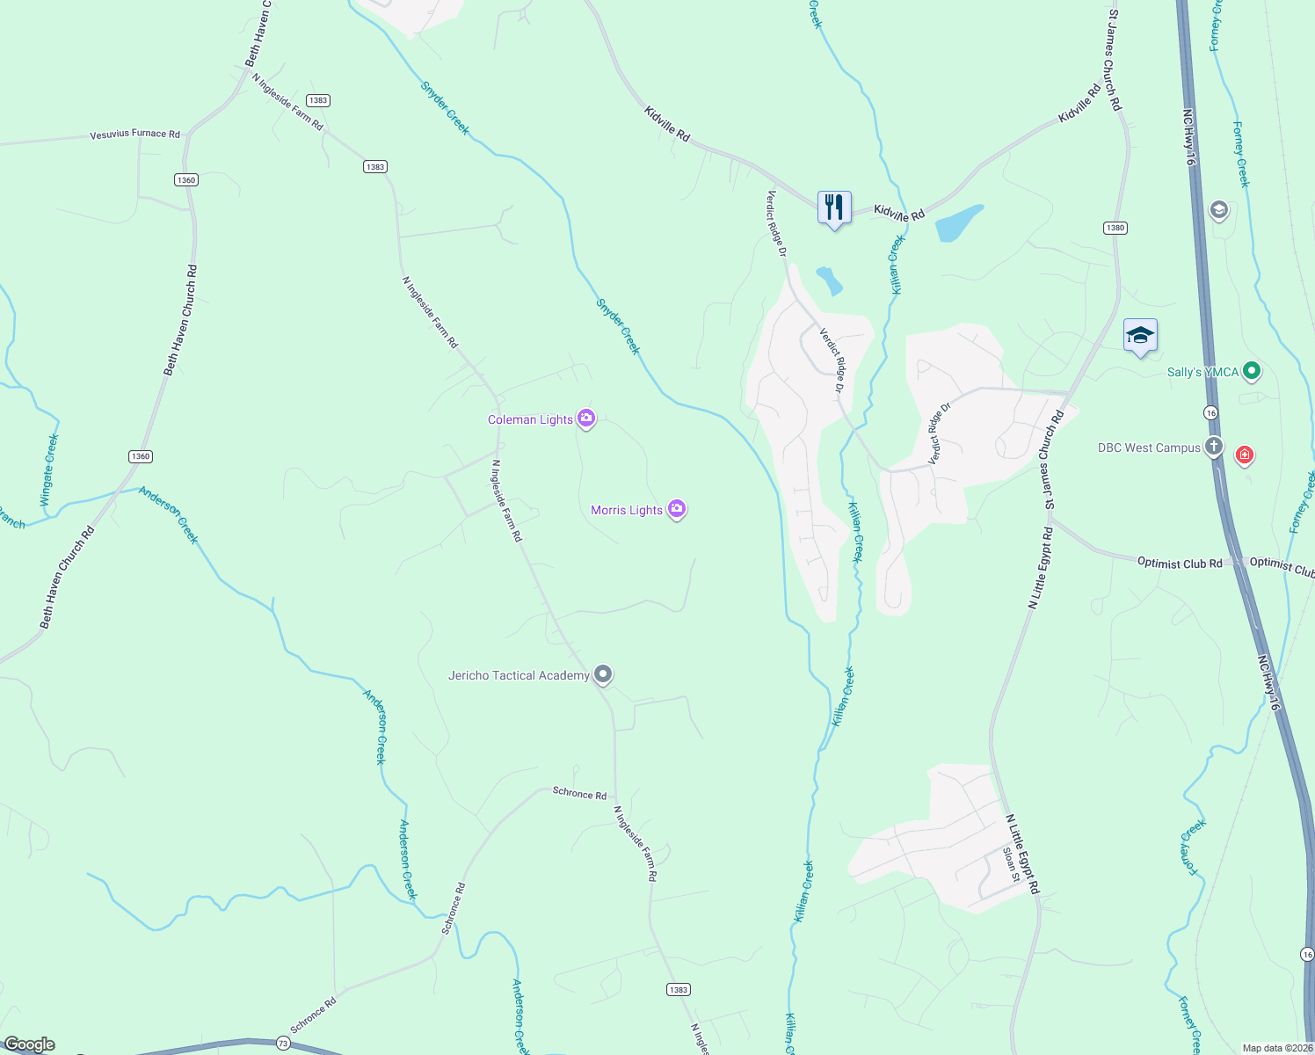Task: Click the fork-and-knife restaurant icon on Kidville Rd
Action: pos(834,207)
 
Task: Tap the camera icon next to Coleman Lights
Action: pos(586,418)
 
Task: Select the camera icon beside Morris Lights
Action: pos(676,509)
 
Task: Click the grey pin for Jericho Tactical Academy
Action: pos(602,674)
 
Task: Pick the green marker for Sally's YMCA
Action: pos(1252,372)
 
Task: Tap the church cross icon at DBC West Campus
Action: pos(1213,447)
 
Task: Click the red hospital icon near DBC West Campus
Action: pos(1244,455)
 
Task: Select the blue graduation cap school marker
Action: pos(1140,335)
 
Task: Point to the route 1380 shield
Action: pos(1115,228)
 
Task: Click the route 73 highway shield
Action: pos(282,1044)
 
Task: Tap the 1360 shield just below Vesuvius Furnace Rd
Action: pos(185,180)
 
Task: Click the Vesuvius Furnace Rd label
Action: pos(134,135)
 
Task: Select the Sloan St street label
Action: pos(1011,865)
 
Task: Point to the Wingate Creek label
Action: pos(49,469)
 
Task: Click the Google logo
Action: pos(29,1044)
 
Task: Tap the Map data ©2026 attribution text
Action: pos(1277,1048)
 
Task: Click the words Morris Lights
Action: pos(627,510)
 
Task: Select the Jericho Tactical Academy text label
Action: pos(519,675)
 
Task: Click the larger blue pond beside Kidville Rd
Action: pos(958,222)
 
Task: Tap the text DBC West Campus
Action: pos(1149,447)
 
